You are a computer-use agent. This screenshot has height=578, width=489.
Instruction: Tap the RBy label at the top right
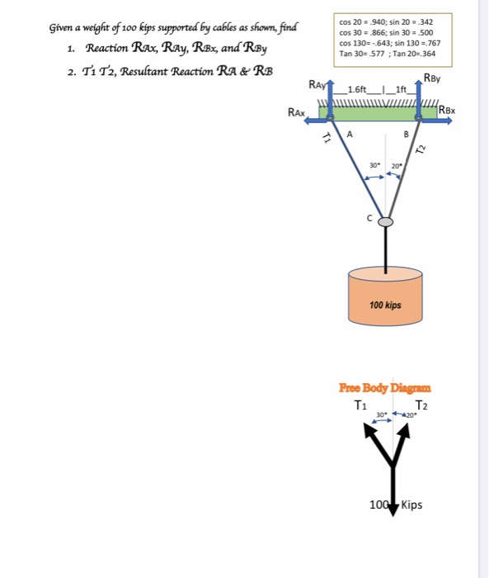click(x=431, y=79)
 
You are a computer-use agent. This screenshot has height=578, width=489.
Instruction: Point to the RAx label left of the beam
click(x=297, y=111)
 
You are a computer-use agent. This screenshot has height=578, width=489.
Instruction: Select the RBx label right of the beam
click(x=449, y=110)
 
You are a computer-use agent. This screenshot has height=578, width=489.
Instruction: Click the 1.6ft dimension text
click(x=360, y=89)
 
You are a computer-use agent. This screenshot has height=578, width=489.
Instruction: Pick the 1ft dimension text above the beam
click(x=402, y=89)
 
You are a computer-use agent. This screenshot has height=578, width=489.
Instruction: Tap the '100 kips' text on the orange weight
click(x=385, y=305)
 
